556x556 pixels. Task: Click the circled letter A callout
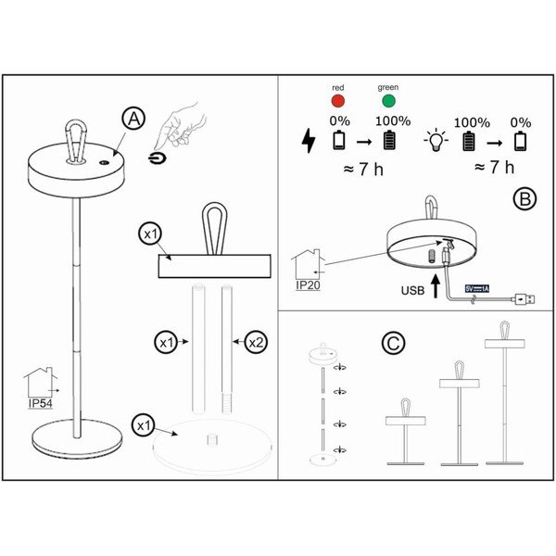coord(134,119)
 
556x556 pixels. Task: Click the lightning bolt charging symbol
coord(310,141)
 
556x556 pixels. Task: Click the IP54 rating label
coord(42,404)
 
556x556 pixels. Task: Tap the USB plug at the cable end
coord(524,298)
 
